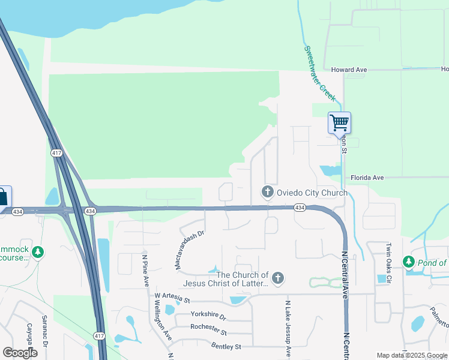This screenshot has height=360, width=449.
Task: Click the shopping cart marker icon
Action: tap(339, 122)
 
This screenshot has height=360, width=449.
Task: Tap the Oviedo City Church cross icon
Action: tap(267, 192)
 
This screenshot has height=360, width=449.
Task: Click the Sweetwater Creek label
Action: tap(319, 73)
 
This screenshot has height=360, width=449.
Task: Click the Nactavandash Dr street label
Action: tap(191, 248)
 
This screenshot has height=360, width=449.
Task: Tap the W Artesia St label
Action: tap(172, 297)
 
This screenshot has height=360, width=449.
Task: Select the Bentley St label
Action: tap(226, 346)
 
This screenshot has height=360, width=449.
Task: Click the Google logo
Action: tap(20, 353)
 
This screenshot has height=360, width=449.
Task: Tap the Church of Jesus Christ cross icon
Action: tap(277, 278)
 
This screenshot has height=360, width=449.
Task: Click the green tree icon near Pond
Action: tap(409, 262)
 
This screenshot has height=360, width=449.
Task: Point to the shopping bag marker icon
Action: tap(3, 196)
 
